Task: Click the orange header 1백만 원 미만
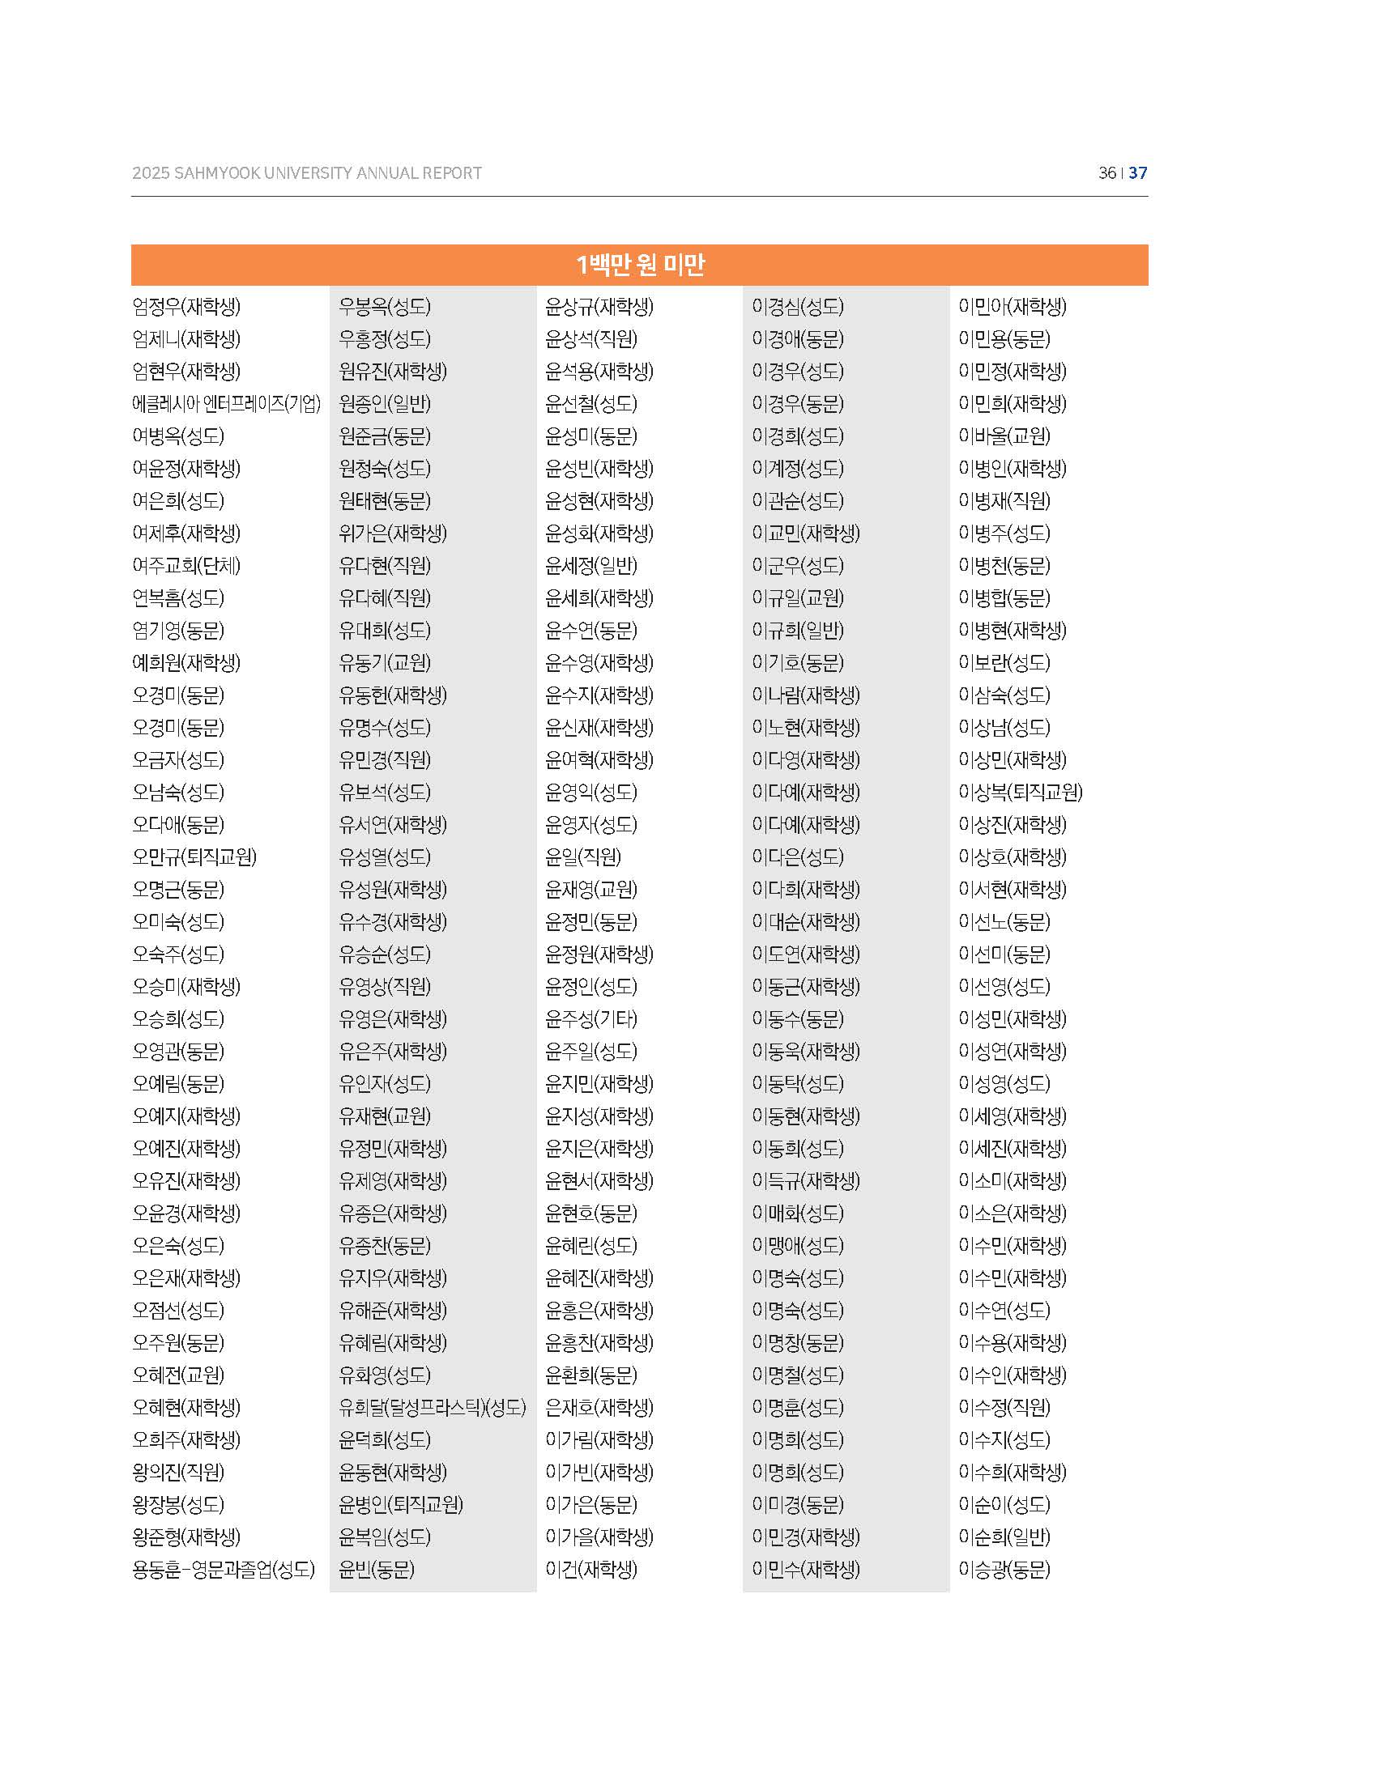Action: point(640,265)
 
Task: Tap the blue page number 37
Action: point(1138,173)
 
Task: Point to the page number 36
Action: point(1107,173)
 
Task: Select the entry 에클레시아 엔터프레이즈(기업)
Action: point(226,404)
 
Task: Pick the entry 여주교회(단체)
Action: point(186,565)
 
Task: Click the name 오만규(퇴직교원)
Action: point(194,857)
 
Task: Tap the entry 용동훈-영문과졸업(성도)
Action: point(223,1569)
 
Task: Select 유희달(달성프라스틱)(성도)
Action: point(433,1408)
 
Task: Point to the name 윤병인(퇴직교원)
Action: point(400,1505)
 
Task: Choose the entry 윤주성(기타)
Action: point(590,1019)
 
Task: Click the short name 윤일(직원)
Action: point(582,857)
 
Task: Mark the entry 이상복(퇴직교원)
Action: point(1020,792)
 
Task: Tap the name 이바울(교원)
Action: point(1004,436)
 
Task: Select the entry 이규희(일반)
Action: point(797,631)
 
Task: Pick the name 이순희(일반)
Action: point(1004,1537)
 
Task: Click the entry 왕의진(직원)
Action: point(178,1472)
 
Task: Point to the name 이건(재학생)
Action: point(590,1569)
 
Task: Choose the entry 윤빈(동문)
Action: point(376,1569)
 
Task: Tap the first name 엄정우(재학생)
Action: point(186,307)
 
